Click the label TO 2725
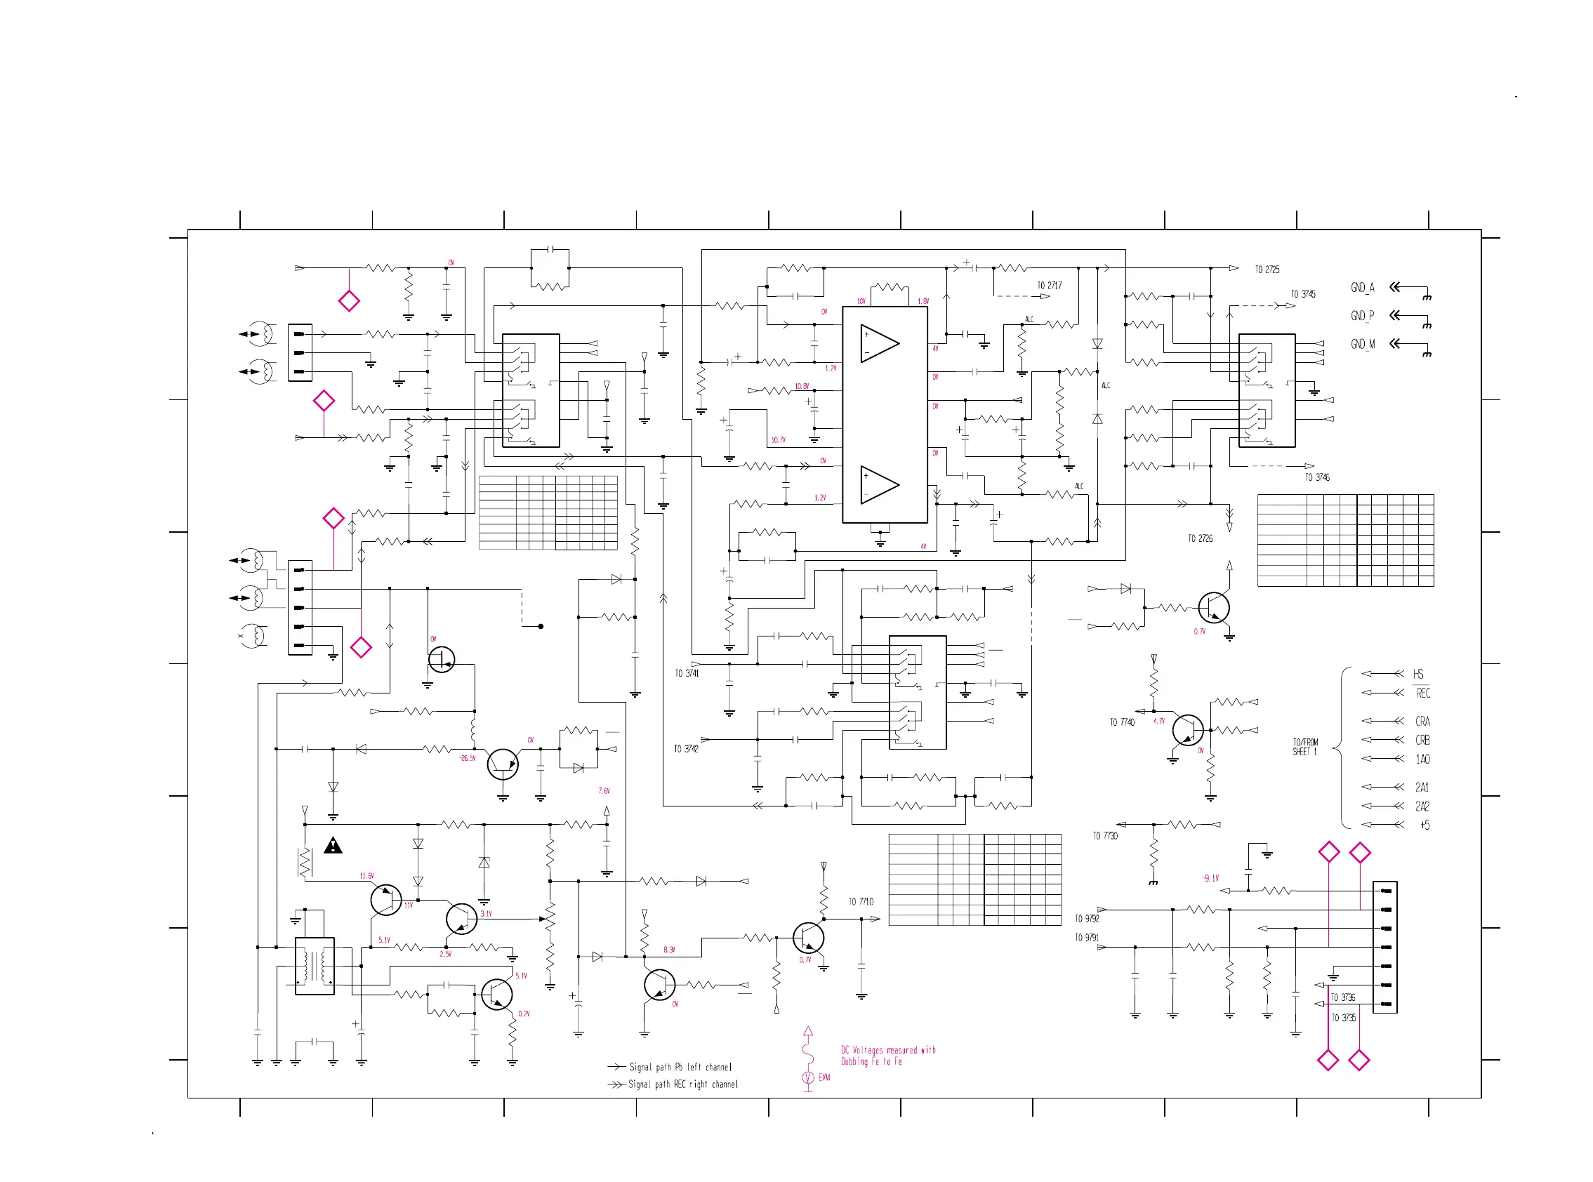tap(1267, 270)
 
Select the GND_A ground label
tap(1362, 288)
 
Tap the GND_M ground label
tap(1362, 344)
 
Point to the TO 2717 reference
tap(1049, 286)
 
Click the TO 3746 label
tap(1317, 477)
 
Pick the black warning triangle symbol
tap(333, 846)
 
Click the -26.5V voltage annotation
tap(468, 758)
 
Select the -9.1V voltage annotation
tap(1210, 878)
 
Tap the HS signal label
tap(1417, 674)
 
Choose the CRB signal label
tap(1422, 740)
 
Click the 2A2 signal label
tap(1421, 806)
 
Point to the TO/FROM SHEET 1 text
tap(1304, 747)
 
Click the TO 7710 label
tap(861, 901)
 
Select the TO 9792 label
tap(1086, 919)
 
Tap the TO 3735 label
tap(1343, 1018)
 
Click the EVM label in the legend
tap(824, 1077)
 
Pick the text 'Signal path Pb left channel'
tap(680, 1067)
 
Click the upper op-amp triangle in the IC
tap(878, 343)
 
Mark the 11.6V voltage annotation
tap(366, 876)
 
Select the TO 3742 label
tap(686, 748)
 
